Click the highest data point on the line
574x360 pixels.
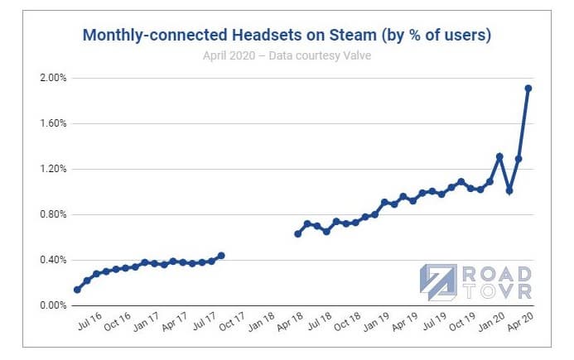coord(528,88)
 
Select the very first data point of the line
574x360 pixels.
coord(77,290)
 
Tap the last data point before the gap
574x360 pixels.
coord(221,256)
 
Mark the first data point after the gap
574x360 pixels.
coord(298,233)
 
